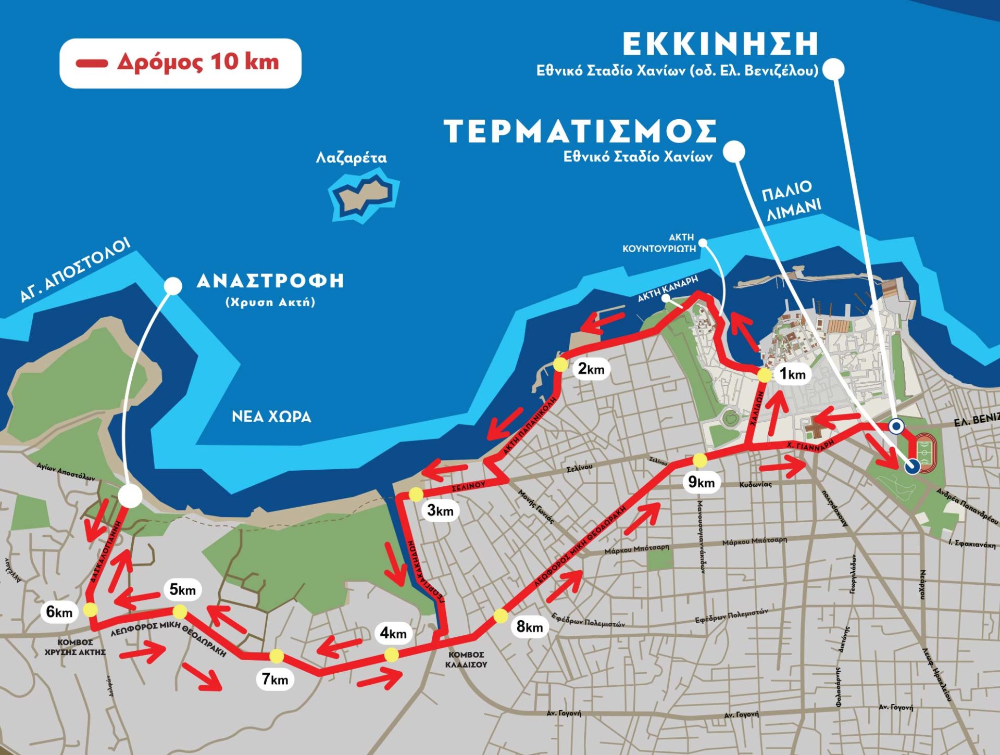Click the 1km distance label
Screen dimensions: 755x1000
pos(792,374)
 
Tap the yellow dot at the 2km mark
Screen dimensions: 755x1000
pos(560,364)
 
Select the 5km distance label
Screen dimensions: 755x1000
pos(182,589)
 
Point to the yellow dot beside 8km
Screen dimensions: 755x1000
pos(501,616)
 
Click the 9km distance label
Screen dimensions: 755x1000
pos(701,482)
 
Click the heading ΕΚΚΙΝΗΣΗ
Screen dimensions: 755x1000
pos(720,44)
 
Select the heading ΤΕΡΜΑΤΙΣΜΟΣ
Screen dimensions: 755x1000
pos(580,131)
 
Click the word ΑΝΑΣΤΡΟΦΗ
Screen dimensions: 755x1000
pos(270,281)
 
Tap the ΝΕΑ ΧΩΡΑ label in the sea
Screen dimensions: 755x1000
pos(271,417)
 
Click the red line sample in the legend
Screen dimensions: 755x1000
pos(92,64)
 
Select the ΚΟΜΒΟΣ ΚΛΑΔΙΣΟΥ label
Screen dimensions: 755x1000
pos(466,659)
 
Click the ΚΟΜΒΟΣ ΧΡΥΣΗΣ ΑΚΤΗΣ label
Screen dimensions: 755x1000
pos(76,647)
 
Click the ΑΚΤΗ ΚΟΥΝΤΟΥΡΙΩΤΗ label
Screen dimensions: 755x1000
pos(659,243)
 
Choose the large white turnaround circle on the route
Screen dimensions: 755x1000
pos(130,496)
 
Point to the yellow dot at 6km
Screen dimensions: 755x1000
pos(90,609)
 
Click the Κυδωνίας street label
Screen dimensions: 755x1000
pos(755,484)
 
